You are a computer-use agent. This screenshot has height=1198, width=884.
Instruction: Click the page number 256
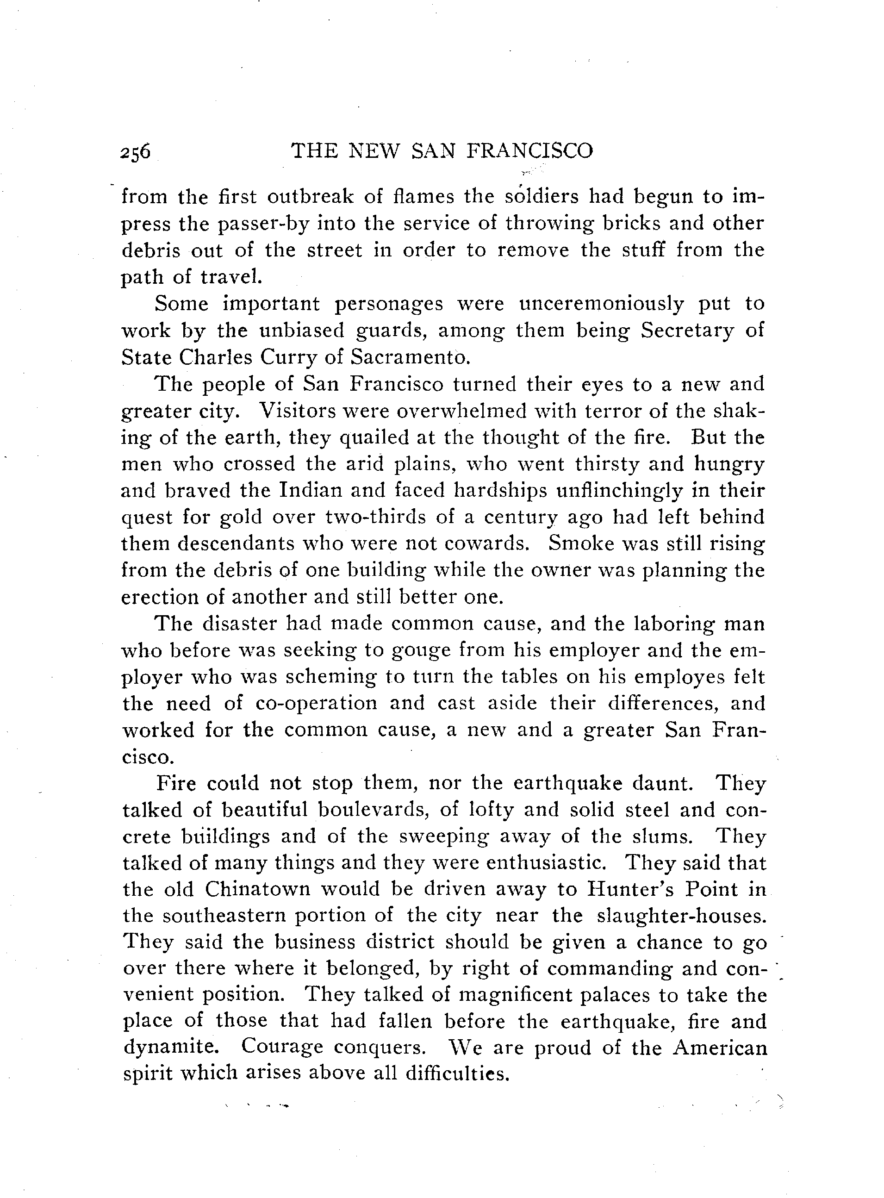[x=136, y=152]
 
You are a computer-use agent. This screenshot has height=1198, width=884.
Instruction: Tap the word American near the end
[x=720, y=1048]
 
